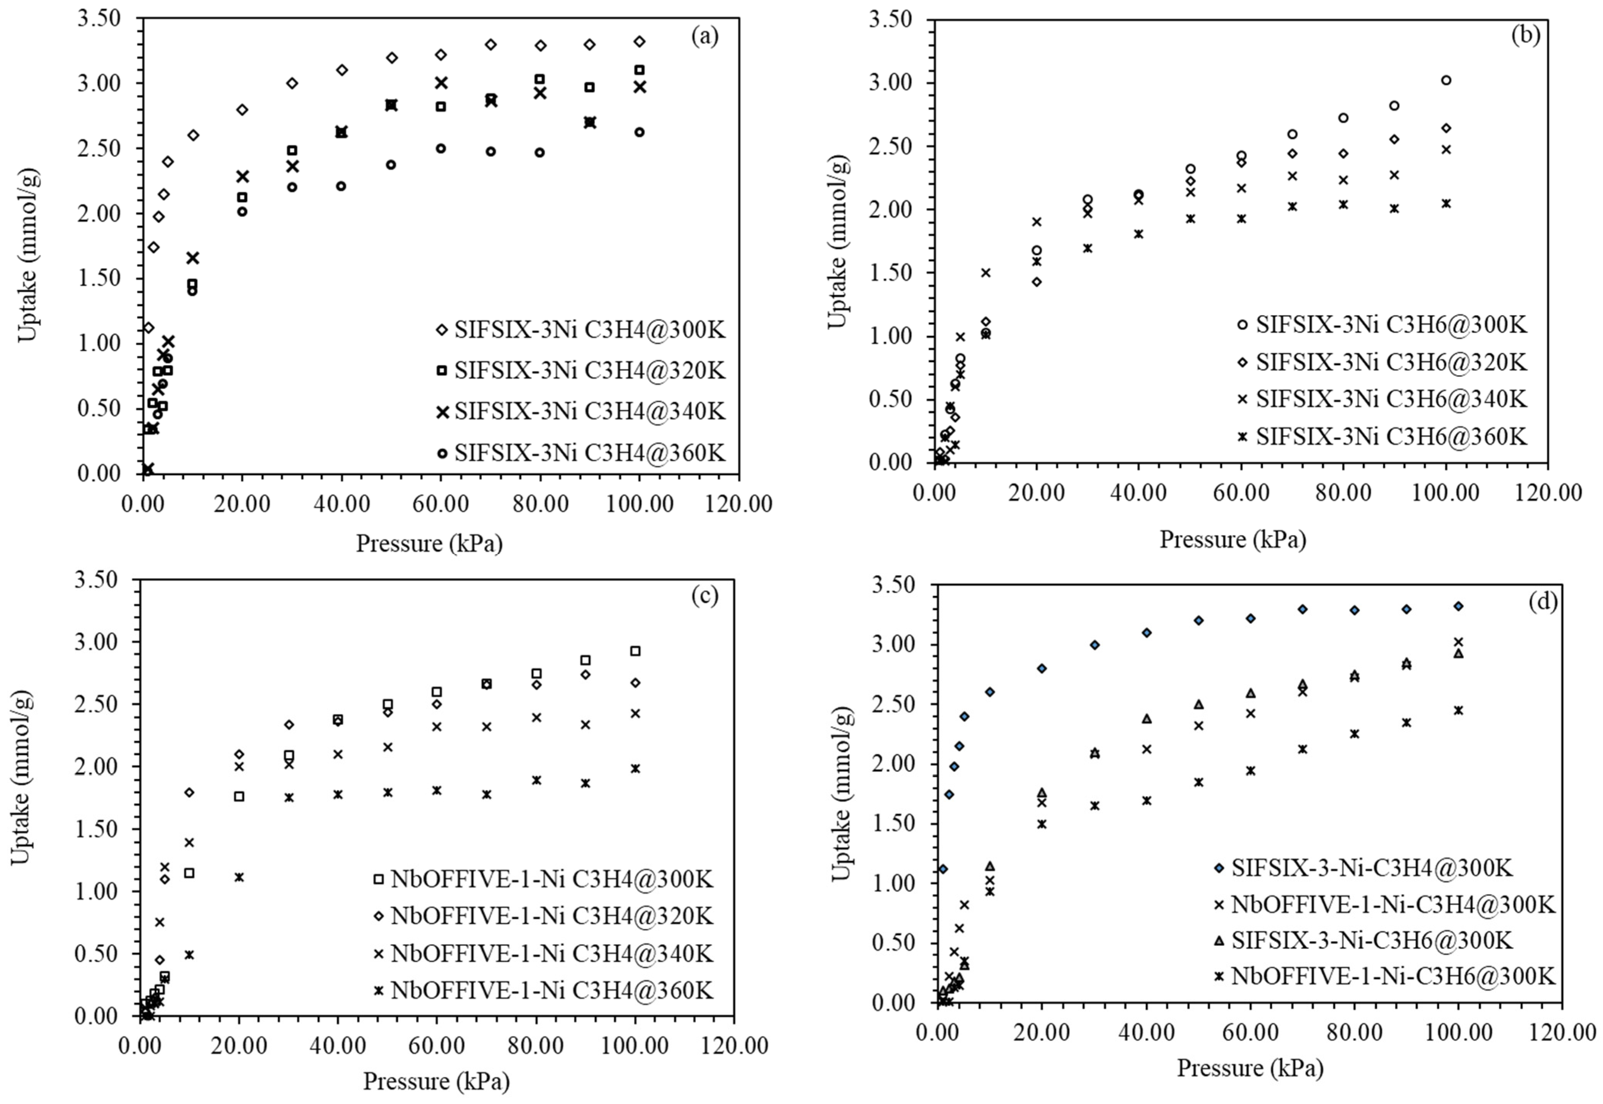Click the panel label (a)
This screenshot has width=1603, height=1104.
(705, 37)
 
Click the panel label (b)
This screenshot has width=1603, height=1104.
(1525, 35)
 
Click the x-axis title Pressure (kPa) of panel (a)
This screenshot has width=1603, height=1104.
(429, 544)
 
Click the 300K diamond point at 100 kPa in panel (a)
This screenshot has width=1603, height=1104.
(640, 42)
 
